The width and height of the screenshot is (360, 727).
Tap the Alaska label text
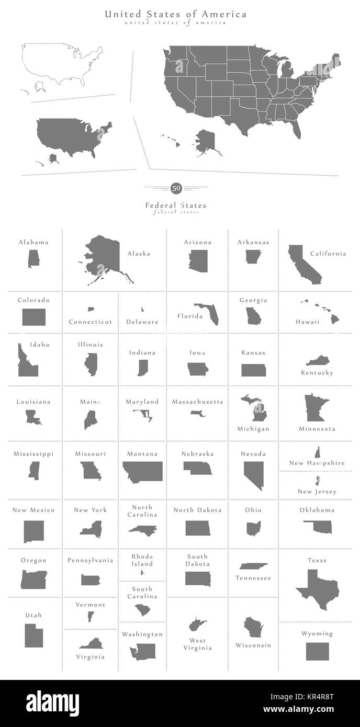(x=139, y=254)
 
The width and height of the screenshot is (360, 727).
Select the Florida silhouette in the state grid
(x=209, y=312)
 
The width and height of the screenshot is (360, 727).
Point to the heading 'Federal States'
(x=176, y=206)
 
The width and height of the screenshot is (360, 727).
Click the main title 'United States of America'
(x=176, y=15)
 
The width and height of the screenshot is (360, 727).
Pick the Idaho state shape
(x=26, y=362)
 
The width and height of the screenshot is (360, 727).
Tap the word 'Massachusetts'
(x=198, y=402)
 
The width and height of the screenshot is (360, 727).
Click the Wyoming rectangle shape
(x=317, y=651)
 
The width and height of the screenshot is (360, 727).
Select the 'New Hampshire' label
(x=317, y=463)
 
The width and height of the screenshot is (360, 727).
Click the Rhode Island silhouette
(x=142, y=574)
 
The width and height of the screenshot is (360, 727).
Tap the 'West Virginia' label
(x=197, y=644)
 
